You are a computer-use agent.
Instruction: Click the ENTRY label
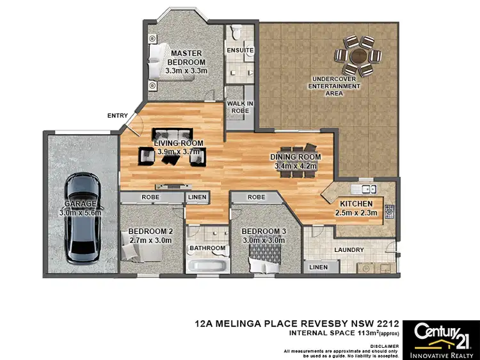click(117, 116)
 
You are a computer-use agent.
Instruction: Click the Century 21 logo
click(441, 336)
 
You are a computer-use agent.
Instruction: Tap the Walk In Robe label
click(240, 106)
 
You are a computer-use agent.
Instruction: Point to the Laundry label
click(349, 250)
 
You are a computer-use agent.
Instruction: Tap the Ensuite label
click(240, 50)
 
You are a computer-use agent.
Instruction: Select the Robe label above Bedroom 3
click(256, 198)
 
